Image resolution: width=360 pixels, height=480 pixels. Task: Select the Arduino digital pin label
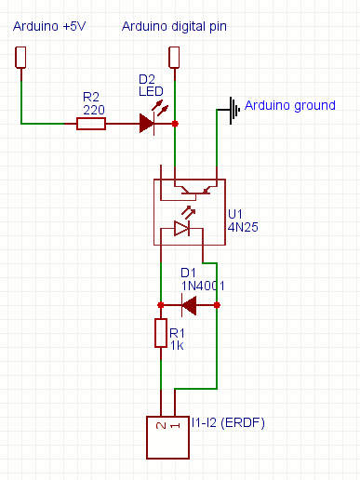(175, 26)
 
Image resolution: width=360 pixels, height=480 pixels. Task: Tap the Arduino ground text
(289, 105)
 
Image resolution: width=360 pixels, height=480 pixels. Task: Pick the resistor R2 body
(91, 123)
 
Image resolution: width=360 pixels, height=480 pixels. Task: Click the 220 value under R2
(93, 109)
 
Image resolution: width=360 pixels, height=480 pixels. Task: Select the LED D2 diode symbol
(147, 122)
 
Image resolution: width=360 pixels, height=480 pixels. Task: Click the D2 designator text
(146, 78)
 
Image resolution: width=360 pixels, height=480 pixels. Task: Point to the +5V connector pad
(20, 57)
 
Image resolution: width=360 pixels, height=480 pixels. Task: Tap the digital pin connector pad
(174, 57)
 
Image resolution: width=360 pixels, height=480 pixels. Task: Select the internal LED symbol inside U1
(182, 229)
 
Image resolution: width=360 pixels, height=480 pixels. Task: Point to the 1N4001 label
(202, 286)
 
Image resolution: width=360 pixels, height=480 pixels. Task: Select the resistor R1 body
(160, 332)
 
